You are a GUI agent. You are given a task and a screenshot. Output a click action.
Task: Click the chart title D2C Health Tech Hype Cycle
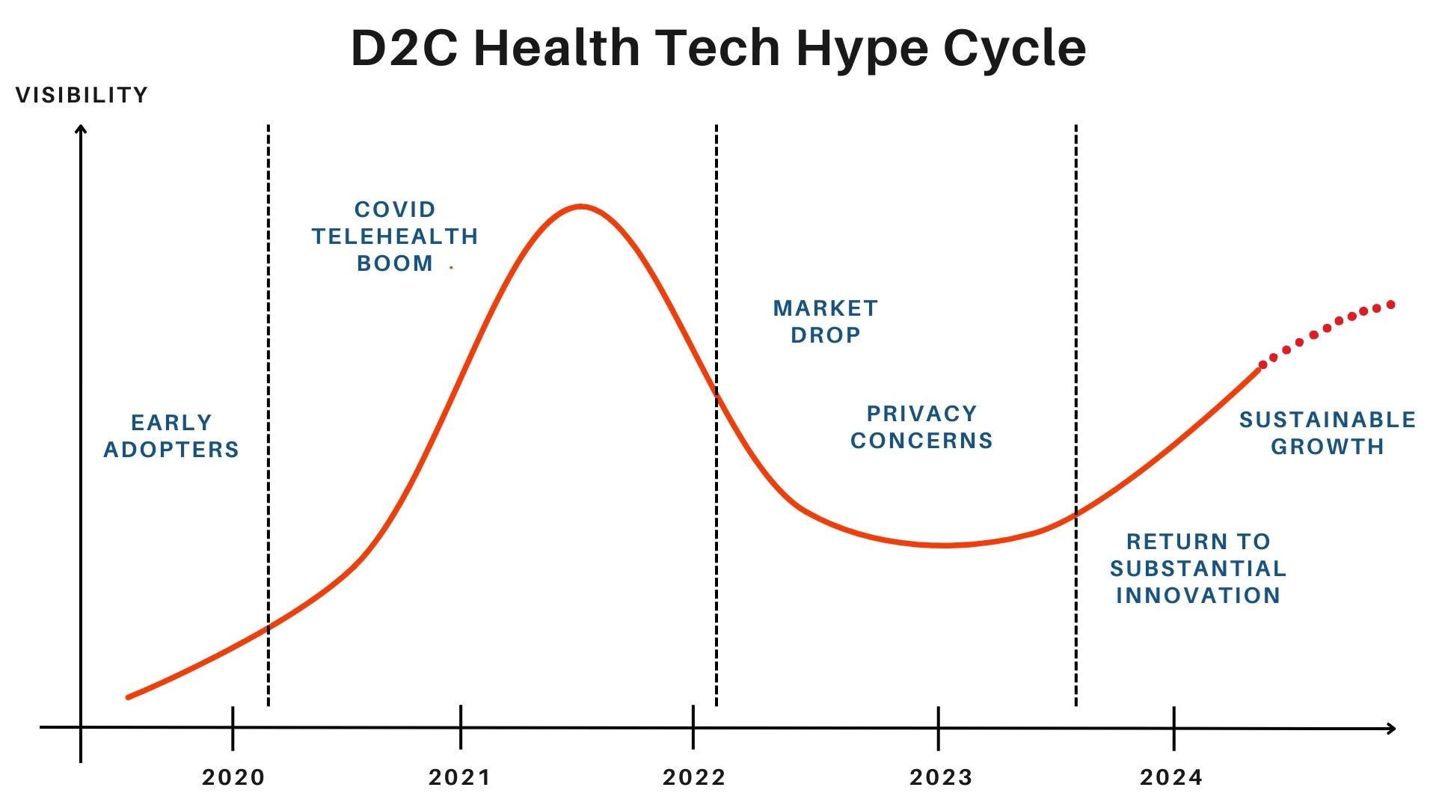(x=718, y=48)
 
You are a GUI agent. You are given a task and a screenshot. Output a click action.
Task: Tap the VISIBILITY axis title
(x=82, y=95)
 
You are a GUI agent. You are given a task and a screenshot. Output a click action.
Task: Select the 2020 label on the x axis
(x=233, y=778)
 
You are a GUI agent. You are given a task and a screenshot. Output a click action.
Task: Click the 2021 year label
(x=460, y=778)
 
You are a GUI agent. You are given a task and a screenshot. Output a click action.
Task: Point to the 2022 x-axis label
(x=694, y=778)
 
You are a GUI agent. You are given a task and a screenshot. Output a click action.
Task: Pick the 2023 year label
(x=941, y=778)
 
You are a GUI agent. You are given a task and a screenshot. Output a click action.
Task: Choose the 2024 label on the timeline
(x=1171, y=778)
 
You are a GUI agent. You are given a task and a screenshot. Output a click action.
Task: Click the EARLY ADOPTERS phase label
(x=171, y=436)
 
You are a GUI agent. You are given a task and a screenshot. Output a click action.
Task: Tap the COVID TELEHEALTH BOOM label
(x=395, y=236)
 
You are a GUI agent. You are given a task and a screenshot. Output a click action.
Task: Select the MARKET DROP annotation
(x=826, y=322)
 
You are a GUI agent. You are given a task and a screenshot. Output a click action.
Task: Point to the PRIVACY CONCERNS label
(x=921, y=427)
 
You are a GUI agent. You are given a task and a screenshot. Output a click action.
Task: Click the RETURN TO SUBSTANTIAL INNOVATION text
(x=1198, y=569)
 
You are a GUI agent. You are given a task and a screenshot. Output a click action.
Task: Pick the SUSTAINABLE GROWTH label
(x=1328, y=433)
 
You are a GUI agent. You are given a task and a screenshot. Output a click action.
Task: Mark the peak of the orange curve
(x=580, y=206)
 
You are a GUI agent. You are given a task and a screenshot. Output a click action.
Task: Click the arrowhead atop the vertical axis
(x=81, y=130)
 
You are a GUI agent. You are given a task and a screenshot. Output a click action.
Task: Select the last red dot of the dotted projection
(x=1391, y=304)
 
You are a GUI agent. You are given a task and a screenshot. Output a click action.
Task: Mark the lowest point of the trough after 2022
(x=944, y=545)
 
